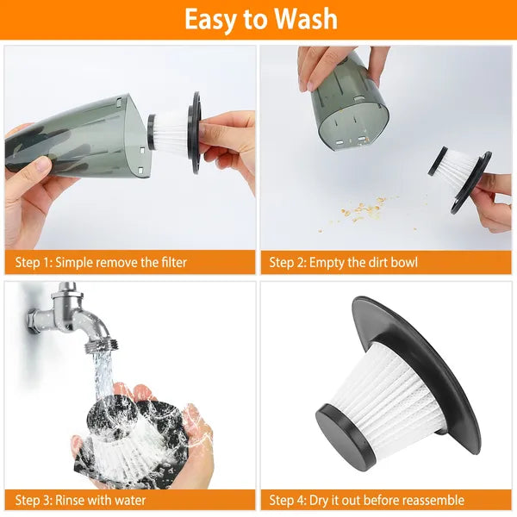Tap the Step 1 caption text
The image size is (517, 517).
(x=101, y=262)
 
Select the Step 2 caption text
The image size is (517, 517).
(x=343, y=262)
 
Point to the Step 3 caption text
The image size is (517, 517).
(x=81, y=500)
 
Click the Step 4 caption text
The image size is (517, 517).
(x=366, y=500)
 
